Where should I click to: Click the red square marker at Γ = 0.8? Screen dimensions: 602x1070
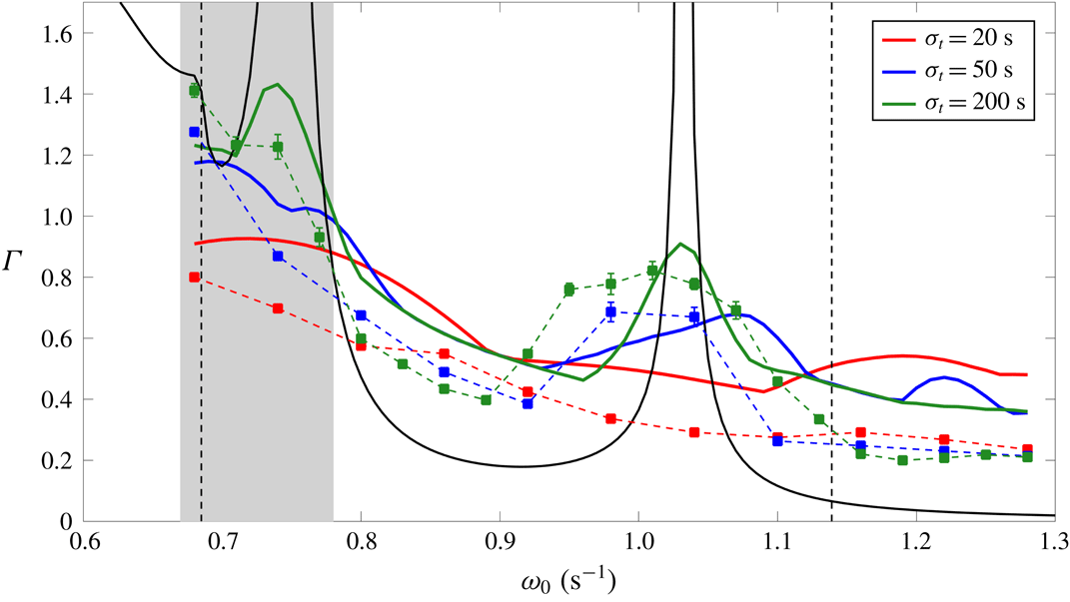pyautogui.click(x=195, y=278)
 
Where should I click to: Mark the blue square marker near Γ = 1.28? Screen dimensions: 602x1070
pyautogui.click(x=195, y=132)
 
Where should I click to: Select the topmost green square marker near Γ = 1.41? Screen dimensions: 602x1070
pyautogui.click(x=195, y=91)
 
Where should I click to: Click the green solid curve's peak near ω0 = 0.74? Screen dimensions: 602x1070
pyautogui.click(x=277, y=85)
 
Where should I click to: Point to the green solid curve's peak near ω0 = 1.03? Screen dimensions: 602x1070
pyautogui.click(x=680, y=244)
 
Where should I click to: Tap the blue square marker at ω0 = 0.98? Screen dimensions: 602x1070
pyautogui.click(x=610, y=312)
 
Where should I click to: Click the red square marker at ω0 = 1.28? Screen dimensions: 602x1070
pyautogui.click(x=1027, y=449)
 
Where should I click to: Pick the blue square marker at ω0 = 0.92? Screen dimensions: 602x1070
pyautogui.click(x=528, y=403)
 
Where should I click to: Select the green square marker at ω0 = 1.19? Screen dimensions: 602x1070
pyautogui.click(x=902, y=460)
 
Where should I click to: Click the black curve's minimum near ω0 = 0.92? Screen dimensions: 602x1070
pyautogui.click(x=520, y=466)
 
